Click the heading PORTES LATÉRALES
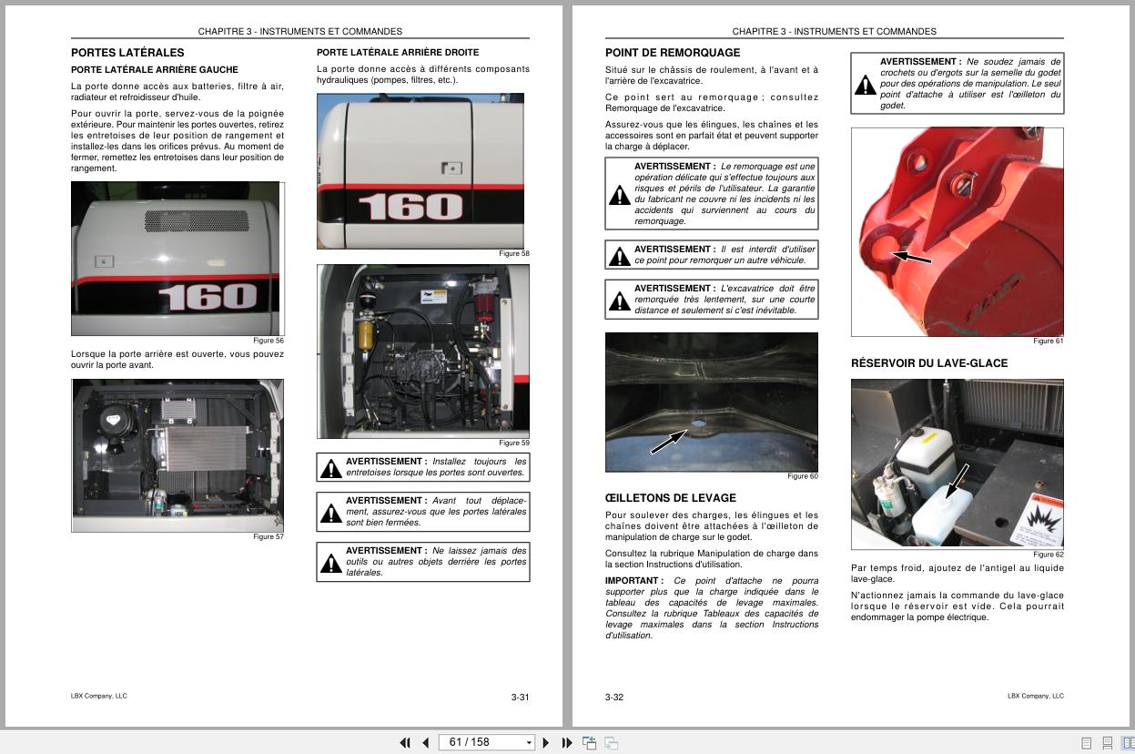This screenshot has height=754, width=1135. [127, 53]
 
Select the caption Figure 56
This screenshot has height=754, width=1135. [269, 341]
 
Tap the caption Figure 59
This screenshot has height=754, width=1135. [514, 443]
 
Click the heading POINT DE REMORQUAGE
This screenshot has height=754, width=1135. [673, 53]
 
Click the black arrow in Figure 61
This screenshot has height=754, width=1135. [911, 258]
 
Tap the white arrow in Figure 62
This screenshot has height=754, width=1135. [957, 480]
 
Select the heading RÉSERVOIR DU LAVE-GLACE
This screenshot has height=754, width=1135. [929, 363]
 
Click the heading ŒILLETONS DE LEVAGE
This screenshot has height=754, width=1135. [670, 498]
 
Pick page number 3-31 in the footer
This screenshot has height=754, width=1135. [520, 698]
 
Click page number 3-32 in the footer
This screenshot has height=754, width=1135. [614, 698]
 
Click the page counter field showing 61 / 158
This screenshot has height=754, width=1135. [487, 742]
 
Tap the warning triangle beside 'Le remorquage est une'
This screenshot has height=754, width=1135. [620, 195]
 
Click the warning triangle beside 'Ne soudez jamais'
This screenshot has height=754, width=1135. [865, 86]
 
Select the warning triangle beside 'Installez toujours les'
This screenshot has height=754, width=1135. [331, 469]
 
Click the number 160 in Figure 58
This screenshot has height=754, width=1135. [410, 207]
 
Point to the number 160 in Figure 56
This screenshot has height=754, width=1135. [208, 297]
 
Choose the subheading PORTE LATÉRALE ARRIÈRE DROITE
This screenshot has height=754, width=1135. [398, 53]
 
